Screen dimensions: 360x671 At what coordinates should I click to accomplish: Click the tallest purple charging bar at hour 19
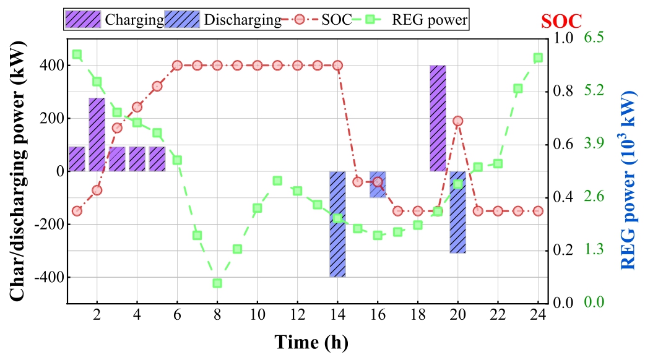pos(438,118)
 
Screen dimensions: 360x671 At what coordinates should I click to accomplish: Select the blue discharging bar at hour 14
pos(337,224)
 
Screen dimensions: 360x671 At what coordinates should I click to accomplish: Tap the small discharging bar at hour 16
pos(378,184)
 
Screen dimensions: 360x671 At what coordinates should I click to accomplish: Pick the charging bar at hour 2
pos(97,134)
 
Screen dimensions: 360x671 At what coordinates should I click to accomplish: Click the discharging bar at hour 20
pos(457,212)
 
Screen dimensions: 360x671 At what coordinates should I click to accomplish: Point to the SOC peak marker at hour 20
pos(457,121)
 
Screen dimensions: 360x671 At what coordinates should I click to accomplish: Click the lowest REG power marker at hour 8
pos(217,283)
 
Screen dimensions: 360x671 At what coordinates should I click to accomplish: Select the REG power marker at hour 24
pos(538,58)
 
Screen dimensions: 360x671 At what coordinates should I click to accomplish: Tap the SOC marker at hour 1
pos(77,211)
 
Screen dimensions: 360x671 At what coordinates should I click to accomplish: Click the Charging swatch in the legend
pos(84,20)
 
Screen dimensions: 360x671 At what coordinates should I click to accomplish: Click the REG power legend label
pos(430,20)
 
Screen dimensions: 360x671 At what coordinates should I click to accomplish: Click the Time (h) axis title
pos(311,341)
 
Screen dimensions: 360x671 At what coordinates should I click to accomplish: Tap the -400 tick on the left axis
pos(52,277)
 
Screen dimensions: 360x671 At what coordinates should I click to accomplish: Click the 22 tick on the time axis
pos(498,314)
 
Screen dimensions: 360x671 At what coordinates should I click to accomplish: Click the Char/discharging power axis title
pos(20,171)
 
